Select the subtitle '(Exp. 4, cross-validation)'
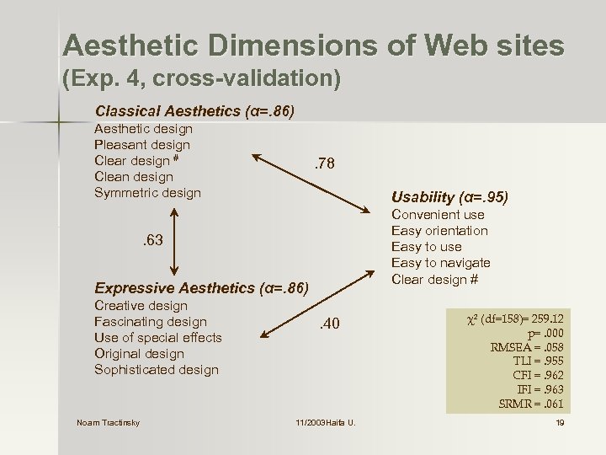(x=202, y=80)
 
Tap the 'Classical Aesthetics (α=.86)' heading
(x=194, y=111)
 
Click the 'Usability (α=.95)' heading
(x=450, y=197)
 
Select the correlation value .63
(x=151, y=242)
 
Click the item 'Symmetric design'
(x=147, y=193)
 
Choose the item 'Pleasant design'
(x=142, y=145)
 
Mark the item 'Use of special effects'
(x=158, y=338)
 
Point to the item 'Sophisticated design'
(x=157, y=370)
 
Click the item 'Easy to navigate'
(x=440, y=264)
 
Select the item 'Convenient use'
(x=438, y=215)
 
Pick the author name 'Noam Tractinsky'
(x=109, y=422)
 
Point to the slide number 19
(x=560, y=422)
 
